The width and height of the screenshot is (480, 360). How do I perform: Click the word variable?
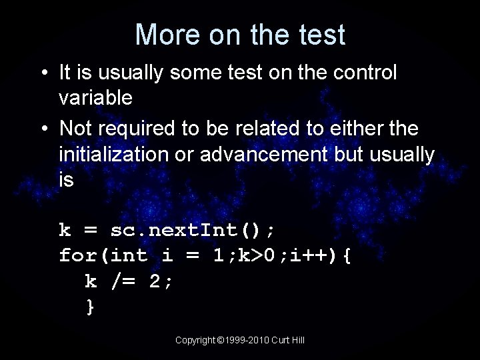[95, 99]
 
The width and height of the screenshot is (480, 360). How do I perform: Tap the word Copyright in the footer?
[195, 340]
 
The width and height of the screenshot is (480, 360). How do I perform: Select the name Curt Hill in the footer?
[290, 340]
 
